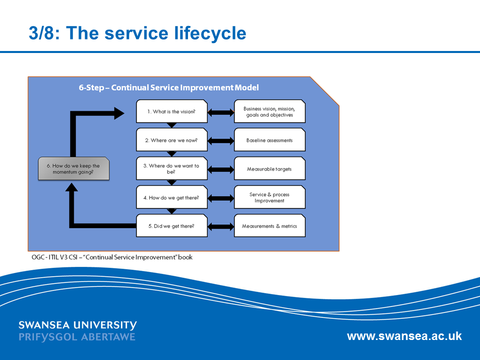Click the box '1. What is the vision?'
click(171, 111)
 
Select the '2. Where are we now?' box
click(171, 140)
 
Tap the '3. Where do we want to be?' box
click(171, 168)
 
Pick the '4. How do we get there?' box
click(171, 197)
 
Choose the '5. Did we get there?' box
click(171, 226)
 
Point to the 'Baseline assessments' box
click(269, 140)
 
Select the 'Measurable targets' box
click(269, 169)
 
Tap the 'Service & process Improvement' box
click(269, 197)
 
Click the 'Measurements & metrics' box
click(269, 226)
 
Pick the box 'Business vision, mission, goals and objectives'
click(269, 111)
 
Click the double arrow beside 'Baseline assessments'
click(220, 141)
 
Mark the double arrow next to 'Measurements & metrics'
click(220, 227)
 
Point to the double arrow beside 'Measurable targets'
click(220, 169)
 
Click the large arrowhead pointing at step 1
click(119, 113)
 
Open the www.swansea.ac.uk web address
click(404, 336)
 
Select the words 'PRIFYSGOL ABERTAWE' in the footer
click(77, 337)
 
